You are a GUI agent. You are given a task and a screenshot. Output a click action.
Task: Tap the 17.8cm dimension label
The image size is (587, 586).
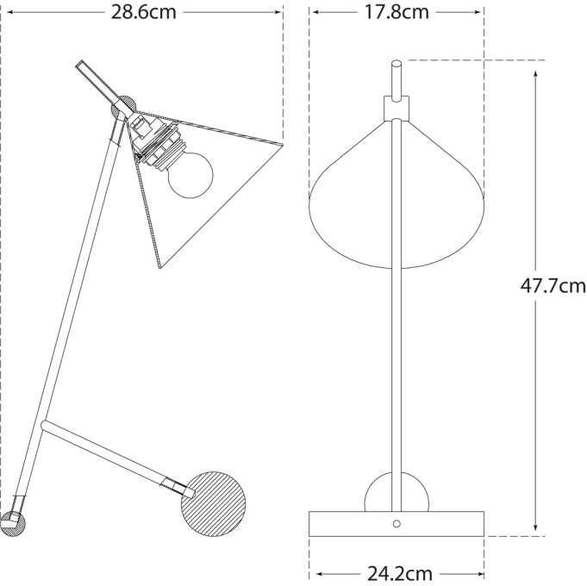click(x=397, y=12)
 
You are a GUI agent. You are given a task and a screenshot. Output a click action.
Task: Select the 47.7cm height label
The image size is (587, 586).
click(x=553, y=286)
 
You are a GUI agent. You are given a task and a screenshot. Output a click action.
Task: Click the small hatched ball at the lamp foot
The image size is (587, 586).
click(x=14, y=522)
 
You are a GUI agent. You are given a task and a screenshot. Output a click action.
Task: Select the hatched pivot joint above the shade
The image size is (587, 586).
click(x=124, y=107)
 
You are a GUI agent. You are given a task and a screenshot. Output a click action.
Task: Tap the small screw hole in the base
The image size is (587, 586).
click(x=397, y=523)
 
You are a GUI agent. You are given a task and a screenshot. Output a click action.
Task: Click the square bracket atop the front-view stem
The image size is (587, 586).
click(x=397, y=107)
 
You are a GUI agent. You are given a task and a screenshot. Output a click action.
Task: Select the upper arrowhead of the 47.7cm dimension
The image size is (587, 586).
click(x=536, y=66)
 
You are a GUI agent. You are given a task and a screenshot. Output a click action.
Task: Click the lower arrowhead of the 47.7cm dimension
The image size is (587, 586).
click(x=536, y=529)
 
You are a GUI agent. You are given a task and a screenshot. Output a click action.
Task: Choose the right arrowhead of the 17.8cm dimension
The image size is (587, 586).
click(x=478, y=12)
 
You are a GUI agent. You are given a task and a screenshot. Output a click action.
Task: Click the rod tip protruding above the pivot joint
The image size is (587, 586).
click(x=83, y=65)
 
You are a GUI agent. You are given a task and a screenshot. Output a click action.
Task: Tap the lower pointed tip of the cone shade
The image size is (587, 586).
click(x=160, y=267)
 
